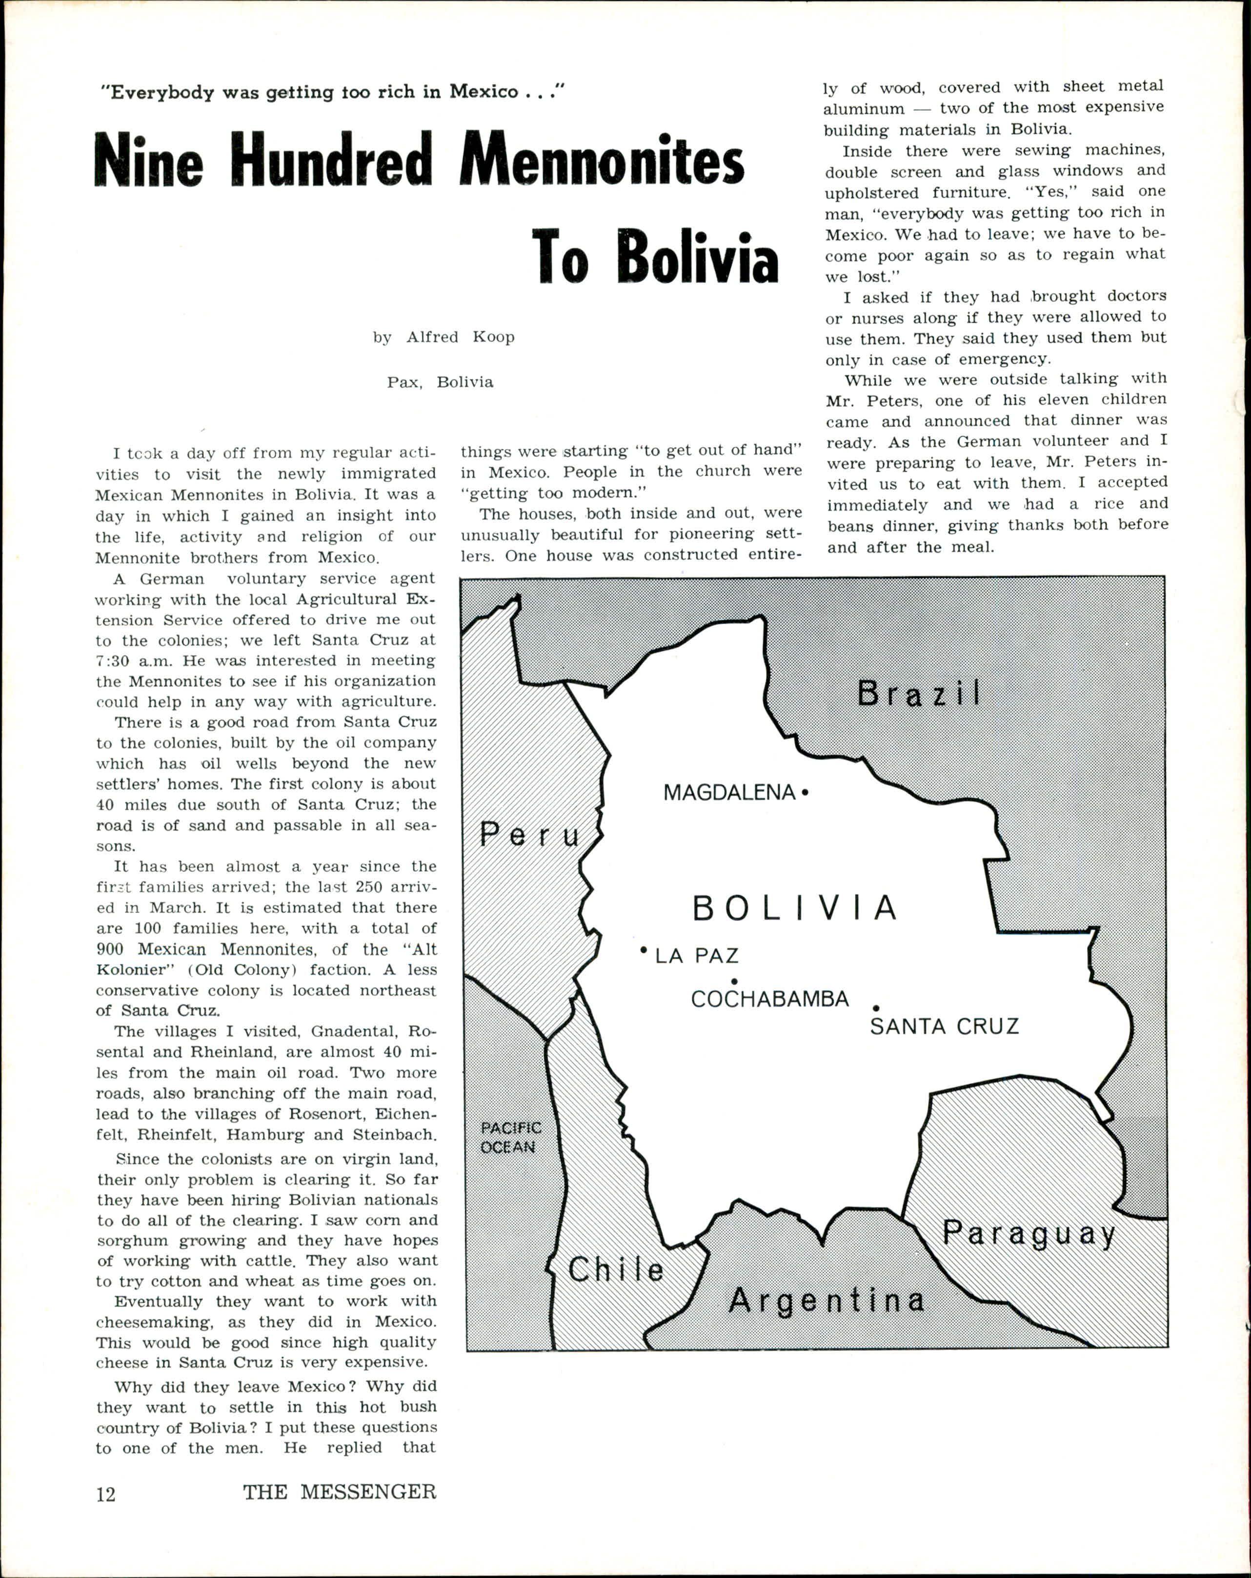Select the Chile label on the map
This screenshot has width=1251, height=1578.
pos(616,1270)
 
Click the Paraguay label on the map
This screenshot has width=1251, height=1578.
pos(1029,1235)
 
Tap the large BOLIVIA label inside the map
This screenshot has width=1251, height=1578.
pos(795,908)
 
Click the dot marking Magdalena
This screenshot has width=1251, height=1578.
pos(805,792)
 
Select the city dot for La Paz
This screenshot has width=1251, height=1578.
pos(644,950)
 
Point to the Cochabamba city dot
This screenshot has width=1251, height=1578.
pos(733,981)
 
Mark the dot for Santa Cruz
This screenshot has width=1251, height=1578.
pos(876,1009)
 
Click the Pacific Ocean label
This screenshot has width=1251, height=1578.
pos(510,1138)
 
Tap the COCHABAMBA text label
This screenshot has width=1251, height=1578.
pos(769,999)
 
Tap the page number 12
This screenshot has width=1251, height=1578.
pos(106,1493)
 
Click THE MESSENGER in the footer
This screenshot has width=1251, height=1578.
pos(340,1492)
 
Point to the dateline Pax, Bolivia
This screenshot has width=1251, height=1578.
pos(440,382)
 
